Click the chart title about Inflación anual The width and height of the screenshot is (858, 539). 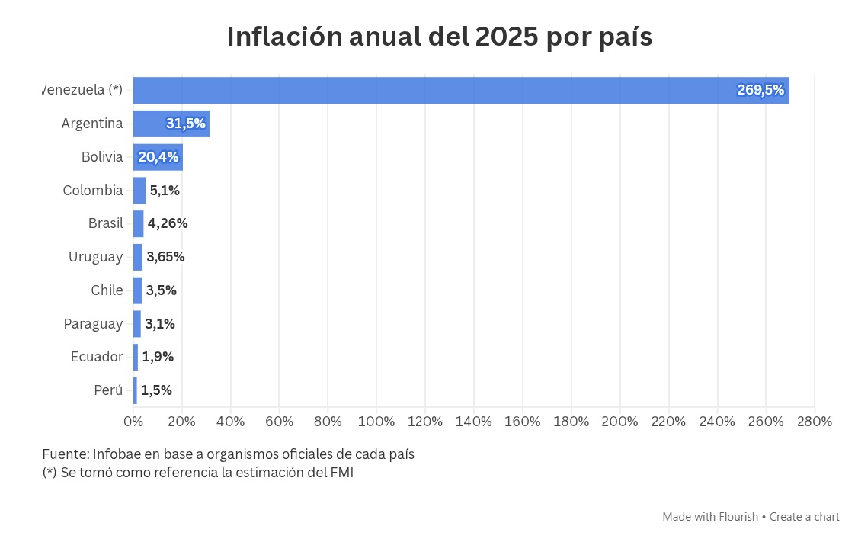(440, 37)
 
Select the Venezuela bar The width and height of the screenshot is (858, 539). (460, 90)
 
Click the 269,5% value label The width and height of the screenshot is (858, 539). (760, 90)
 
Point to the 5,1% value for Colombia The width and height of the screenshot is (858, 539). (165, 191)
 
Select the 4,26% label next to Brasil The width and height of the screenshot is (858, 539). (168, 223)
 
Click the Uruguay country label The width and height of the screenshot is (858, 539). (95, 257)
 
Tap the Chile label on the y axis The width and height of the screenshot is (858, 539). (107, 290)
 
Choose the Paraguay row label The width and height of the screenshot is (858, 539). (93, 324)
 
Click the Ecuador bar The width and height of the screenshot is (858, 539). (136, 357)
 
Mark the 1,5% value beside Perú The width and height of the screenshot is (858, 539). (156, 390)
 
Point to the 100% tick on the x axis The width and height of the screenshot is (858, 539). (376, 422)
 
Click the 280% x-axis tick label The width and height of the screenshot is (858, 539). (814, 422)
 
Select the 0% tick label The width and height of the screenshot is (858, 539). (133, 422)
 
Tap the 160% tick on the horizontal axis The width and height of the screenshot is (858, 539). (523, 422)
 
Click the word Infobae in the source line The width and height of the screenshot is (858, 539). (116, 454)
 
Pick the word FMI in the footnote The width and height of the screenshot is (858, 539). (341, 473)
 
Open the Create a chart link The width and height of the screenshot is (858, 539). (804, 517)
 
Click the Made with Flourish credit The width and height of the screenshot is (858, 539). (710, 517)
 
